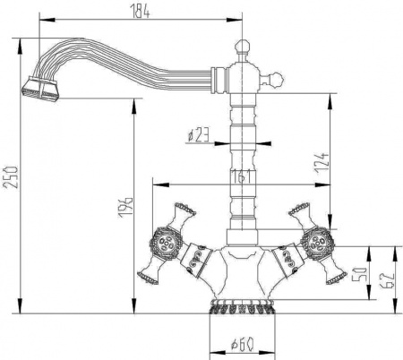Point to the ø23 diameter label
point(198,135)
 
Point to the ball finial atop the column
point(241,44)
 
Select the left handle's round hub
point(164,240)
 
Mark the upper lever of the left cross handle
point(183,212)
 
